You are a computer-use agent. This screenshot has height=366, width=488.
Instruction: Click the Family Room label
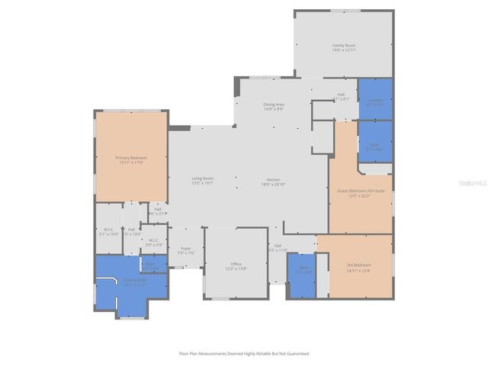[x=344, y=47]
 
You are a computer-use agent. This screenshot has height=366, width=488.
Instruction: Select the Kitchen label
[x=273, y=181]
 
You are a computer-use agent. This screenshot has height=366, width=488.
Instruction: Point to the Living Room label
[x=202, y=181]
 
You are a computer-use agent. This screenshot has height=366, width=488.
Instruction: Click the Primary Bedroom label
[x=131, y=159]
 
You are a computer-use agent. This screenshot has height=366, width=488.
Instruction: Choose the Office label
[x=236, y=266]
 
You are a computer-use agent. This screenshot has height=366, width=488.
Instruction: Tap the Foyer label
[x=185, y=250]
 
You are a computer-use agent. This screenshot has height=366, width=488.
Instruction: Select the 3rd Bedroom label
[x=358, y=267]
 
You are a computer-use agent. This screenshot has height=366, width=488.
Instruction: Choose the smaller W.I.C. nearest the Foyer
[x=154, y=242]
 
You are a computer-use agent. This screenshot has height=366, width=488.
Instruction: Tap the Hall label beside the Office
[x=278, y=247]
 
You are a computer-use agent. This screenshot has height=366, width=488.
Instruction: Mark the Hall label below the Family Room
[x=341, y=97]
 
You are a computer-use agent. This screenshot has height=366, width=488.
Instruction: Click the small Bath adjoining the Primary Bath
[x=151, y=265]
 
